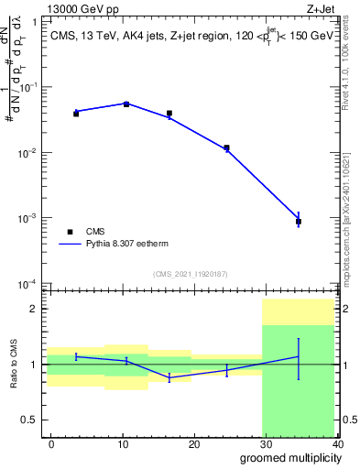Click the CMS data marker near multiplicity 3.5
coord(76,113)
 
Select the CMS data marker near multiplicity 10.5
coord(126,104)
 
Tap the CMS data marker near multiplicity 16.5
coord(169,114)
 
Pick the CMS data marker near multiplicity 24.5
coord(226,147)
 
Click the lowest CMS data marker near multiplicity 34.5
coord(299,222)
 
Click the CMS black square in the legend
coord(70,232)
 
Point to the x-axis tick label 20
coord(194,443)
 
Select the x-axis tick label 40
coord(337,443)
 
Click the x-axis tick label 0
coord(51,443)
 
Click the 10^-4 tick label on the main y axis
coord(28,284)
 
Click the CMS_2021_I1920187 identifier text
coord(190,274)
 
